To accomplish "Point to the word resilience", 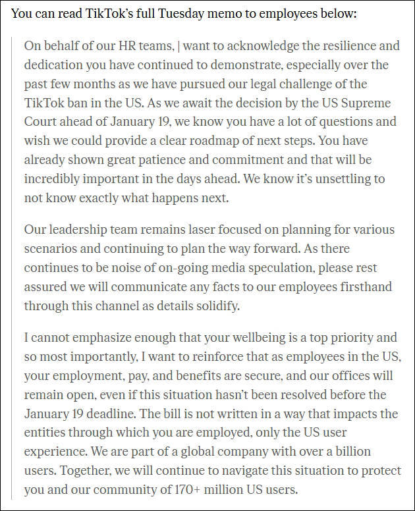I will (x=348, y=46).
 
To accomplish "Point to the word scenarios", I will (x=51, y=250).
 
